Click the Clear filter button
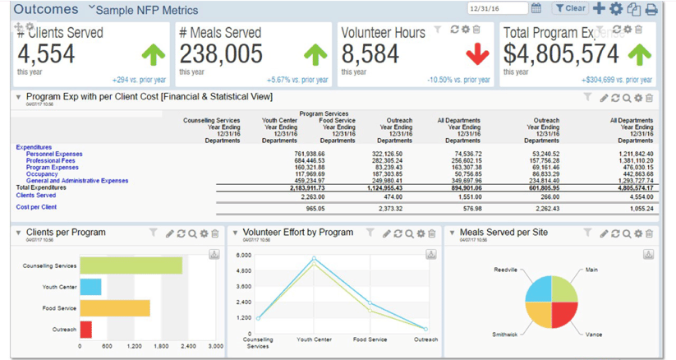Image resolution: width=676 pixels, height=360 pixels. tap(570, 9)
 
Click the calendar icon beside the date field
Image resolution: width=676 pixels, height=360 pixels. tap(536, 9)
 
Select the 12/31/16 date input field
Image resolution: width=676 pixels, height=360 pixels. tap(496, 9)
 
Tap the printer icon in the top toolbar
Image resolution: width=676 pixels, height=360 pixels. tap(651, 9)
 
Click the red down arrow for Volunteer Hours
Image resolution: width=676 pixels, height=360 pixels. tap(477, 54)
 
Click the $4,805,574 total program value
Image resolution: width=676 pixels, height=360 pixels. tap(561, 54)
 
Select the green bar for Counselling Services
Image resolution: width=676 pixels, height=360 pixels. tap(131, 265)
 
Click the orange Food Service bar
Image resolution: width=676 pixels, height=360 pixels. tap(115, 308)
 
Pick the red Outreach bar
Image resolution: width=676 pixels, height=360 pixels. tap(85, 330)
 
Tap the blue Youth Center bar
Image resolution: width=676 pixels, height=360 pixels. tap(90, 287)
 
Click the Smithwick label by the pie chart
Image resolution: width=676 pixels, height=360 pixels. tap(504, 335)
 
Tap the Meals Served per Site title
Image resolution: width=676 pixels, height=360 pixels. tap(505, 233)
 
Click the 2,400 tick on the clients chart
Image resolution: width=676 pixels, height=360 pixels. tap(188, 346)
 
